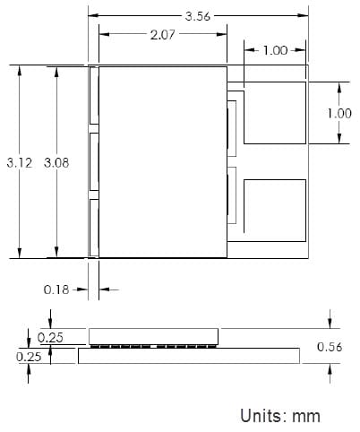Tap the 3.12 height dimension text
tap(19, 162)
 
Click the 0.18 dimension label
tap(56, 289)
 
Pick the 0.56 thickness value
tap(331, 348)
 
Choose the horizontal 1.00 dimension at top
tap(274, 50)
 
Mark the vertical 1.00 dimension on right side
tap(339, 113)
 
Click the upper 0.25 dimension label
tap(51, 337)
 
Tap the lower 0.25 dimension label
tap(30, 356)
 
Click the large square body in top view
tap(161, 162)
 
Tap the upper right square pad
tap(274, 113)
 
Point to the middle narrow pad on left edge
tap(93, 162)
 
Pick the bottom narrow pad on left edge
tap(93, 228)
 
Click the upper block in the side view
tap(153, 335)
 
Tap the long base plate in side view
tap(188, 356)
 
